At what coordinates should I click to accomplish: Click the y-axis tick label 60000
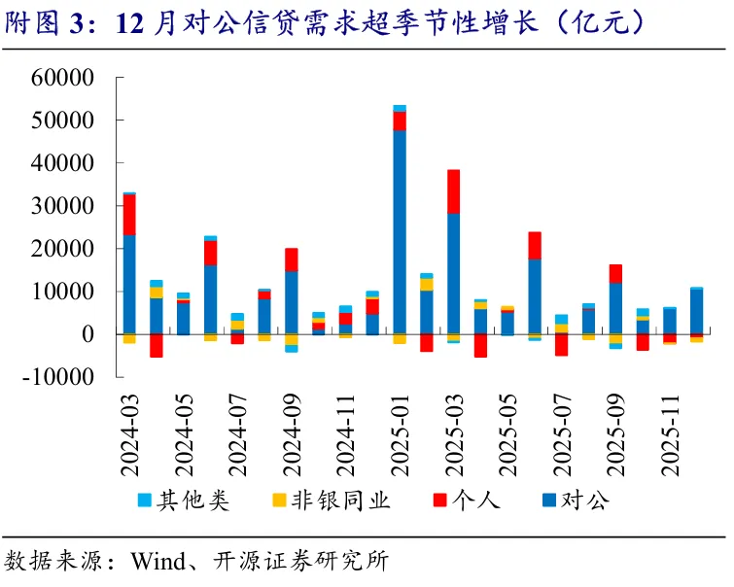[62, 77]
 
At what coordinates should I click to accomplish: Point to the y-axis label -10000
[58, 376]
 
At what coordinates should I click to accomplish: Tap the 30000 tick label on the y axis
[62, 205]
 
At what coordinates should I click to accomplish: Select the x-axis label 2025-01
[400, 435]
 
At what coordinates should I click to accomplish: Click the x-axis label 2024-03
[129, 435]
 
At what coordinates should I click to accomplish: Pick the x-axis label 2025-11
[670, 435]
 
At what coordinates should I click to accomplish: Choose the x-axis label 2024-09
[292, 435]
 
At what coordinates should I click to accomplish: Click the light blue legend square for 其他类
[145, 501]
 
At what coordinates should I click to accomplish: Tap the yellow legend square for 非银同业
[279, 501]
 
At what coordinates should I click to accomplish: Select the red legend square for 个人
[440, 501]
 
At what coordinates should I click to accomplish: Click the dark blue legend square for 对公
[549, 501]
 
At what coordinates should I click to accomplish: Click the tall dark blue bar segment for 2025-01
[400, 232]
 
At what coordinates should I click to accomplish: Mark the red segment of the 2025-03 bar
[454, 191]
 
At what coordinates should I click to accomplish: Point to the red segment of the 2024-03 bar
[129, 215]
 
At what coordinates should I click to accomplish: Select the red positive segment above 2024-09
[292, 259]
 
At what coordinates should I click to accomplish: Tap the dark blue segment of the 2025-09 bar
[616, 308]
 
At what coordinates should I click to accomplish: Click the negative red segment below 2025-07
[562, 345]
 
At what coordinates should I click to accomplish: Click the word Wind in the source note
[158, 561]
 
